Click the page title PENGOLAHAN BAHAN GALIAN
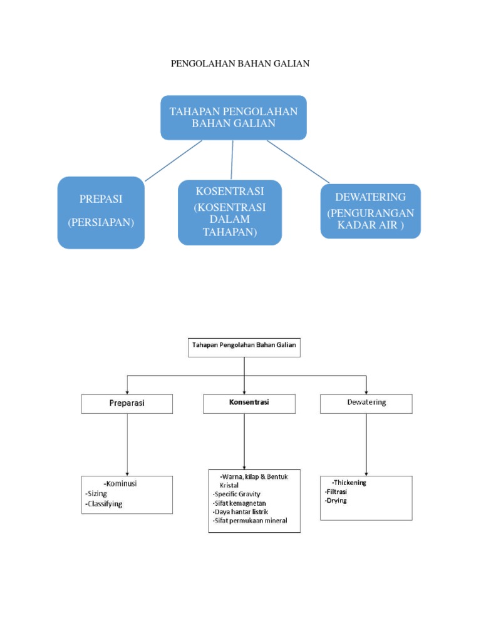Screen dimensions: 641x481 click(240, 63)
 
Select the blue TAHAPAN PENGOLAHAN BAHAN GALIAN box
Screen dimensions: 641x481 click(234, 117)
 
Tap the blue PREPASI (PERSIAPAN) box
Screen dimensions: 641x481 click(101, 212)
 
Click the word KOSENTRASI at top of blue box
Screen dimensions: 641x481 click(230, 190)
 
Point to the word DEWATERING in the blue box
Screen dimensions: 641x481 click(370, 197)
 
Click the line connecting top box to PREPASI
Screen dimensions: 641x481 click(173, 161)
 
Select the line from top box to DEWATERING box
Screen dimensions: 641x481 click(298, 162)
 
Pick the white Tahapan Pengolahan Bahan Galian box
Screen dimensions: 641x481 click(244, 347)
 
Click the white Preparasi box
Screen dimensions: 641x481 click(127, 404)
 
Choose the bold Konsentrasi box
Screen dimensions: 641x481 click(249, 403)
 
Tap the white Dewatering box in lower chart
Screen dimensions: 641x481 click(366, 403)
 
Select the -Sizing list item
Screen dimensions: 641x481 click(96, 493)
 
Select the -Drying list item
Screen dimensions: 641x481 click(336, 501)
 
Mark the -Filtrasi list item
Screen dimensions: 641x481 click(337, 492)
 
